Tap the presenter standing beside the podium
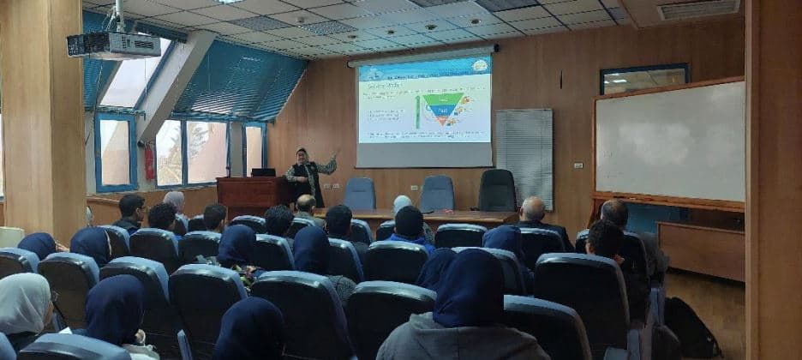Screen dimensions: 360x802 coord(304,177)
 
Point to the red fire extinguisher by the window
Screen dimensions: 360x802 coord(149,163)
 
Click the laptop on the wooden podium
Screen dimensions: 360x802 coord(263,172)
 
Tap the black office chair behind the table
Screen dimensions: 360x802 coord(497,190)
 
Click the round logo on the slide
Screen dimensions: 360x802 coord(480,65)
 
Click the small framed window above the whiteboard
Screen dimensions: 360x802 coord(643,79)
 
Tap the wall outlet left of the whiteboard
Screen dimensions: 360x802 coord(578,165)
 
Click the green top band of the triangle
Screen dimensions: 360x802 coord(443,99)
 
